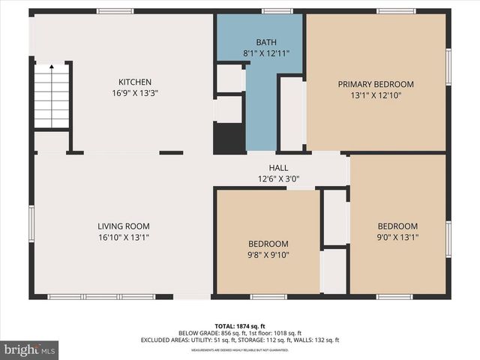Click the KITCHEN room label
[135, 82]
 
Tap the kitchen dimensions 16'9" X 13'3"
[135, 93]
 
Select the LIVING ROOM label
[124, 226]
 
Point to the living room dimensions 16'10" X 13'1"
[124, 237]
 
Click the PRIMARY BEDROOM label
[376, 84]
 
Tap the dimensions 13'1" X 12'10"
[376, 95]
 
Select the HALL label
[279, 168]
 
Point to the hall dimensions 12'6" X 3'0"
[279, 178]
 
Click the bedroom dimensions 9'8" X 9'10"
[268, 255]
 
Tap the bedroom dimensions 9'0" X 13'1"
[397, 237]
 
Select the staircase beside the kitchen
[52, 97]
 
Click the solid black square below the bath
[229, 139]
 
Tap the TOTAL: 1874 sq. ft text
[240, 325]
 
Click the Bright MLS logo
[29, 349]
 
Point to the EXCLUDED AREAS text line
[240, 340]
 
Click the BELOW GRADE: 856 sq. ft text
[207, 333]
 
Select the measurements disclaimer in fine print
[240, 349]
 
